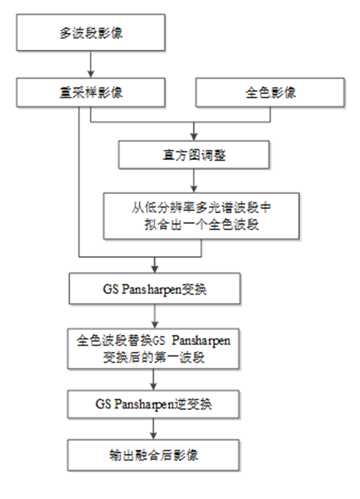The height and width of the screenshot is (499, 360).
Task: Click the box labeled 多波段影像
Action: [x=91, y=33]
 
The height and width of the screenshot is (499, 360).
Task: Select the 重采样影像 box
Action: [x=91, y=93]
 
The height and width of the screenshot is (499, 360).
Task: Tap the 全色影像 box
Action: [x=270, y=93]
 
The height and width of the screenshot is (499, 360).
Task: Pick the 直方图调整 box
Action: [x=194, y=155]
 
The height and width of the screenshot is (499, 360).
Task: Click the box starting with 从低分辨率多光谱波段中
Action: [x=201, y=216]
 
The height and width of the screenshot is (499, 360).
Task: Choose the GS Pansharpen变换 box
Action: [x=154, y=289]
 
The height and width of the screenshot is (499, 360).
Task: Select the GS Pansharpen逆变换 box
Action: [x=153, y=404]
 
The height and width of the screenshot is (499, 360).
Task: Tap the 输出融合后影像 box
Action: [x=153, y=455]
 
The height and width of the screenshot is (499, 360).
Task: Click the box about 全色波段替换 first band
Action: [x=153, y=349]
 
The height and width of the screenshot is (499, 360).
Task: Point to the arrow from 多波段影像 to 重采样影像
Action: [x=91, y=64]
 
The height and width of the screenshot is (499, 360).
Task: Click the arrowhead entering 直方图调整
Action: [x=194, y=137]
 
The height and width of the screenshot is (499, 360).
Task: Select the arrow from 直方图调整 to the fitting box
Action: [x=194, y=181]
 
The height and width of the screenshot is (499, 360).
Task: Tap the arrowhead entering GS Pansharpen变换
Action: [x=154, y=269]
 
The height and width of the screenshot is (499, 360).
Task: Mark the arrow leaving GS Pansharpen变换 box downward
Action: [x=154, y=317]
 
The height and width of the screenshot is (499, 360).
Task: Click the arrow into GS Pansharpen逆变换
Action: [x=153, y=380]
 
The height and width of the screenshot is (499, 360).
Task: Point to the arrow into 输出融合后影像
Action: [x=153, y=429]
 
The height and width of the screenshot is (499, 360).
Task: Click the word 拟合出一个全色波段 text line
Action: [x=201, y=225]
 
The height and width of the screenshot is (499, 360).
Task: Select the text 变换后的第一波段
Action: [x=153, y=357]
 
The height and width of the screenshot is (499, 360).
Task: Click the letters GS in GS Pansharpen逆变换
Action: [x=103, y=404]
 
